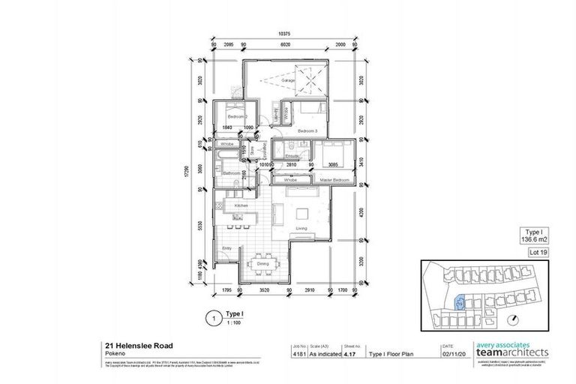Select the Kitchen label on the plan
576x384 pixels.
[x=241, y=205]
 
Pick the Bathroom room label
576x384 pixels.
[x=230, y=173]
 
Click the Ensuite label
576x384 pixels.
[x=292, y=155]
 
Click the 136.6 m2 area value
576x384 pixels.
[x=534, y=239]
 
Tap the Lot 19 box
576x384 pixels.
[x=535, y=253]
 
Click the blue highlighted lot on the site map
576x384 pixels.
[x=461, y=301]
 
